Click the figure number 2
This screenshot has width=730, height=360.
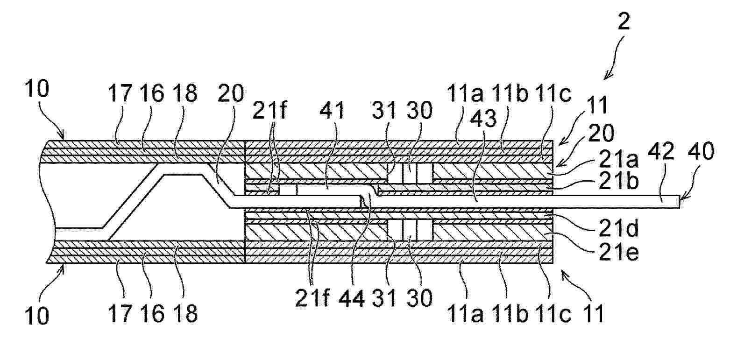[x=623, y=22]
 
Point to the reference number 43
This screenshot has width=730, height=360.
[x=483, y=119]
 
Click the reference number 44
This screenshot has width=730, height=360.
[x=351, y=298]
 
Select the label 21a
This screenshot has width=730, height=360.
[x=619, y=160]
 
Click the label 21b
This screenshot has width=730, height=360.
[x=619, y=181]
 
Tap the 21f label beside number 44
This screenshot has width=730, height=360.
[x=312, y=298]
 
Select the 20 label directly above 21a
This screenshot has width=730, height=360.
[x=601, y=133]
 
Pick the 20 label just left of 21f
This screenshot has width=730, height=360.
[x=231, y=93]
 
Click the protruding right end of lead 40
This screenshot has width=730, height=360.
[x=679, y=202]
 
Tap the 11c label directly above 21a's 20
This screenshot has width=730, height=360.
[x=553, y=94]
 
